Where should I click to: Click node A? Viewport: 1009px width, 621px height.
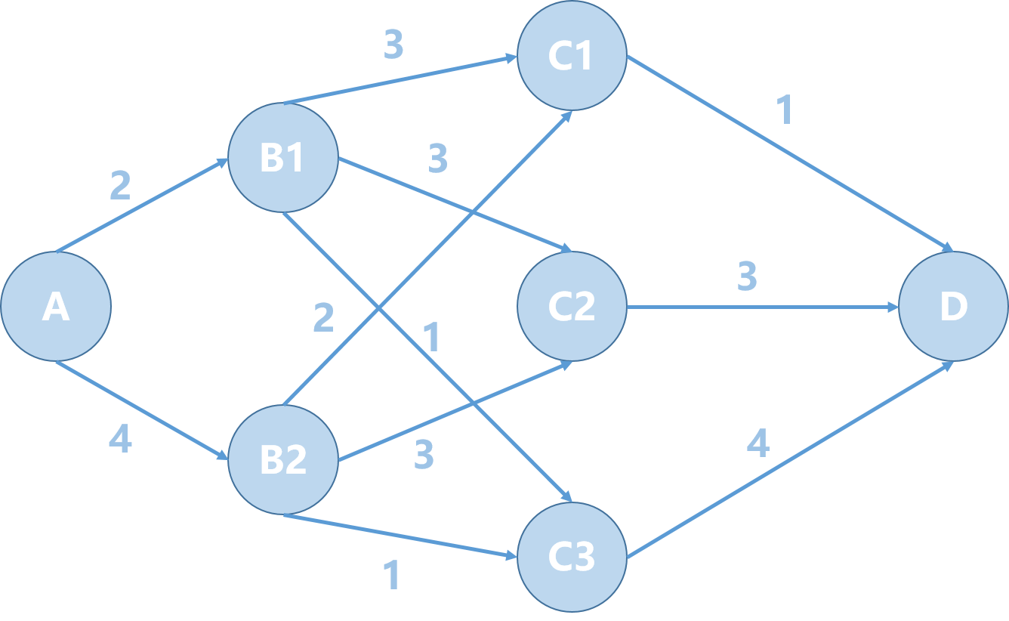56,306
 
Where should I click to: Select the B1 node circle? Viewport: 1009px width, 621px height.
282,158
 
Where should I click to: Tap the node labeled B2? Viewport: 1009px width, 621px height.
282,459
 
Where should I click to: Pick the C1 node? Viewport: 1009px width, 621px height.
572,56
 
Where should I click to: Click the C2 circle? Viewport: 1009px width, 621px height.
572,306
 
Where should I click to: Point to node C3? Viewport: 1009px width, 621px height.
572,557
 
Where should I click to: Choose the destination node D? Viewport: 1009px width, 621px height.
953,306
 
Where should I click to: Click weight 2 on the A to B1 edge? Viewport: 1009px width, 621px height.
120,186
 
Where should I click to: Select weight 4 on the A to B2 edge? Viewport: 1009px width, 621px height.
120,440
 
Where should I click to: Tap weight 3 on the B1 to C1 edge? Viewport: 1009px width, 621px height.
393,46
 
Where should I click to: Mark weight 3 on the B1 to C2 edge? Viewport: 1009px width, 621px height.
438,159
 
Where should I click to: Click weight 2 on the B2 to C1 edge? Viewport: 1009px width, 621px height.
323,318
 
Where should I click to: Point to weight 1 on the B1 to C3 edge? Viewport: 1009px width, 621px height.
431,338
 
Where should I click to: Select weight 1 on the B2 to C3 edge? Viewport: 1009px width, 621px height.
391,576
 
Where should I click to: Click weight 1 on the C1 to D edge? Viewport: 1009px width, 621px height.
785,111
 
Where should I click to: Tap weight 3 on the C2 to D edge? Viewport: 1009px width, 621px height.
747,277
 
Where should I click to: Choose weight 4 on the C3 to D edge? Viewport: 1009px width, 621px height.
758,443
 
